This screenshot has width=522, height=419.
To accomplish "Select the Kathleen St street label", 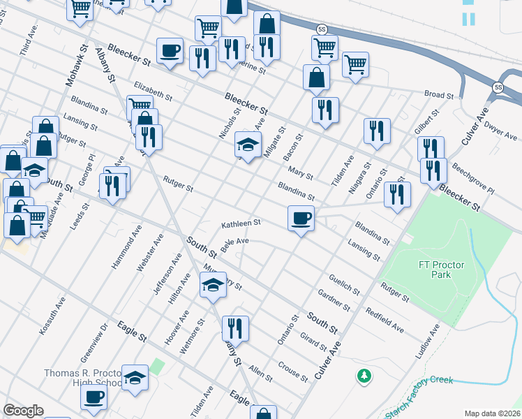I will pyautogui.click(x=241, y=224).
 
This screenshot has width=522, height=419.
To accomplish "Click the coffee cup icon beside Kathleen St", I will pyautogui.click(x=301, y=219).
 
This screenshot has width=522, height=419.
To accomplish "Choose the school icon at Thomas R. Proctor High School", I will pyautogui.click(x=135, y=378).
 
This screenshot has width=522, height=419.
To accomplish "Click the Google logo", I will pyautogui.click(x=24, y=411).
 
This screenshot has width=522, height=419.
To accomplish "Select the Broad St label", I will pyautogui.click(x=440, y=94).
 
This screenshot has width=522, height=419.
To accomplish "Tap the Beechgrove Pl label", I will pyautogui.click(x=472, y=180).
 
